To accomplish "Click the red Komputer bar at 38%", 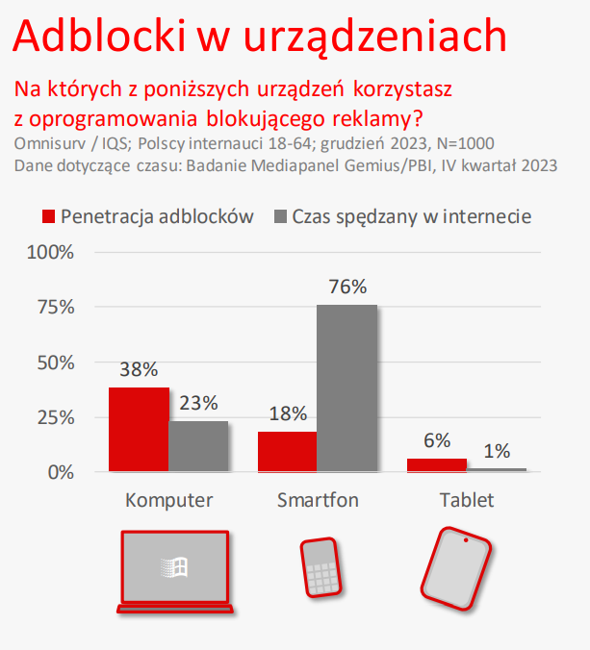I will tap(139, 429).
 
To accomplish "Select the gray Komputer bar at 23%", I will tap(198, 446).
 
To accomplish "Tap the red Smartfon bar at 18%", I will tap(288, 451).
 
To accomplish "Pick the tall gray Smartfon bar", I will tap(346, 387).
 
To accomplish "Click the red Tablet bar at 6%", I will tap(436, 465).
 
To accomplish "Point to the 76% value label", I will tap(347, 287).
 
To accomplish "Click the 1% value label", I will tap(497, 450).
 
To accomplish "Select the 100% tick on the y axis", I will tap(50, 253).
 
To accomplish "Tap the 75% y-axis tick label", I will tap(54, 308).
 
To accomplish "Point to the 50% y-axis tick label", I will tap(54, 362).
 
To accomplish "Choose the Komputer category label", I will tap(169, 501).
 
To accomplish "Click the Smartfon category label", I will tap(318, 501).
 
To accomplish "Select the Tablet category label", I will tap(466, 501).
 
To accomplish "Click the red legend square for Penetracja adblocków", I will tap(46, 216).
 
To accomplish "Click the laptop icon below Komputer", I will tap(173, 571).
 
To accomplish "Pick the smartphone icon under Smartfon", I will tap(319, 567).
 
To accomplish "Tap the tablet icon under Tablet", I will tap(455, 568).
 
